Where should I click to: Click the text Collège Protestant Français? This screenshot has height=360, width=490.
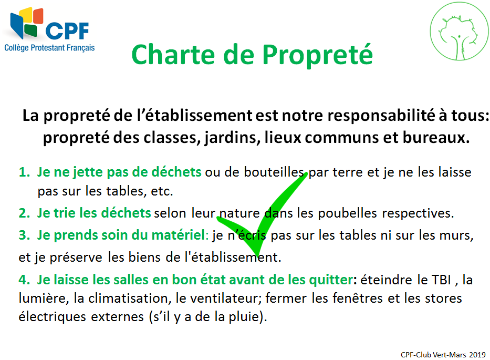[49, 48]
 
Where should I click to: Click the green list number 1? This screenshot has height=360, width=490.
[24, 172]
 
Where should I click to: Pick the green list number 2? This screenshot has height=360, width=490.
[24, 213]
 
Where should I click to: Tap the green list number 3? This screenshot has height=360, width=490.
[24, 236]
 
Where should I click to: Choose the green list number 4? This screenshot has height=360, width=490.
[24, 280]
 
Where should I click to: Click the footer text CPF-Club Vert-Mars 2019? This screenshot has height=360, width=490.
[443, 355]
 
